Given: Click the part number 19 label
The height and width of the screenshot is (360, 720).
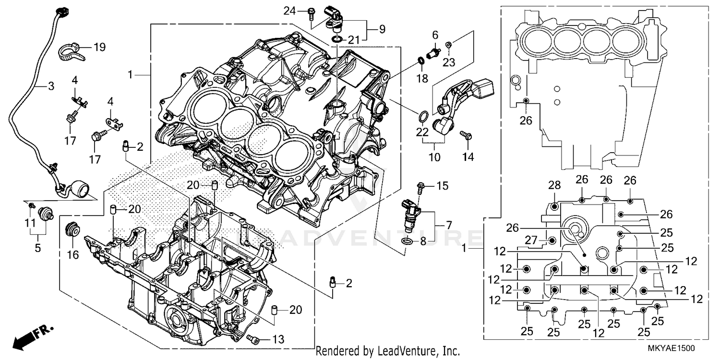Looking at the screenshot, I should click(99, 47).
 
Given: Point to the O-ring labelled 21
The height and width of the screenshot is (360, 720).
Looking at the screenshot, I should click(337, 38).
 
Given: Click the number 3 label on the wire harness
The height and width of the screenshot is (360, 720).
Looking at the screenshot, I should click(50, 86).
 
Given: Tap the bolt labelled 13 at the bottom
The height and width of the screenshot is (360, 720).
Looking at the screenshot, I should click(254, 339).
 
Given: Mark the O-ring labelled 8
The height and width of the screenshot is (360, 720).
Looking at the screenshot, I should click(406, 240).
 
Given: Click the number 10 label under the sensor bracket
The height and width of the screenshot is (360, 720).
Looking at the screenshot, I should click(434, 157).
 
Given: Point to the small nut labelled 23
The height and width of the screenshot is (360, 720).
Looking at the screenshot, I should click(447, 45).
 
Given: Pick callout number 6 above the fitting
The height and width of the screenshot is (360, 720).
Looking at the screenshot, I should click(435, 35).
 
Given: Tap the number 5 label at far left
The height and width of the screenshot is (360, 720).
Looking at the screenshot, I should click(37, 248).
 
